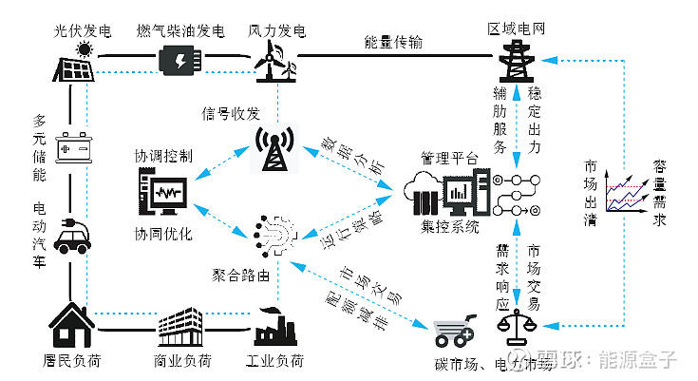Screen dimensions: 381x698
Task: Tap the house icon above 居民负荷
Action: pyautogui.click(x=74, y=324)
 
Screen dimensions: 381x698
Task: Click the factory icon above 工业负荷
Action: pyautogui.click(x=276, y=326)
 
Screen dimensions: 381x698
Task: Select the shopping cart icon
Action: pyautogui.click(x=453, y=332)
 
